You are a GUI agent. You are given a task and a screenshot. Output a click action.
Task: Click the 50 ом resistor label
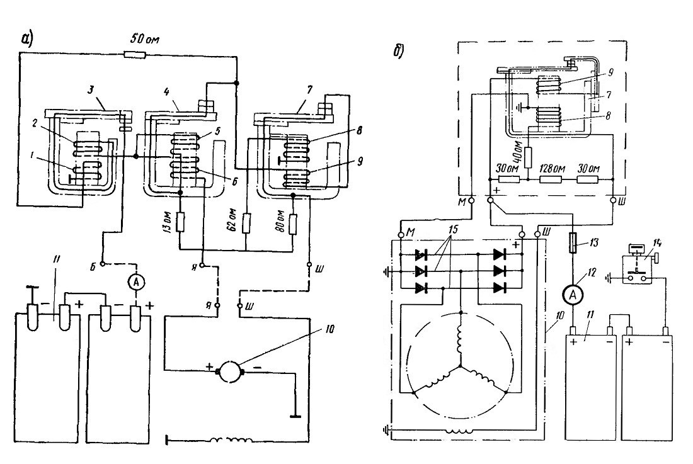144,39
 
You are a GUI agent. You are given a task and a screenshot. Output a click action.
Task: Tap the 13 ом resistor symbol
180,222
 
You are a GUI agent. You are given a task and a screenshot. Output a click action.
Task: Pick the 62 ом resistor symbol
246,223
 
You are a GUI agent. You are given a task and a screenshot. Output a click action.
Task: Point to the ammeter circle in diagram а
136,281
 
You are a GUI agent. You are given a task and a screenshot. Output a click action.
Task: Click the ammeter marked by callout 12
573,295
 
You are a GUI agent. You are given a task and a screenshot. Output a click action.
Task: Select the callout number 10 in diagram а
329,329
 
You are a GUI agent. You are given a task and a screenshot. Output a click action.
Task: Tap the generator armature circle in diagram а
230,371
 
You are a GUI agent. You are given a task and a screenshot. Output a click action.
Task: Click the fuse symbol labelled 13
573,243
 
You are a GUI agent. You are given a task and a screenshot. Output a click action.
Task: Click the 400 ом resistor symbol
528,158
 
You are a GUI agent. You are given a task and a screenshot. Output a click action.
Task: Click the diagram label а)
27,39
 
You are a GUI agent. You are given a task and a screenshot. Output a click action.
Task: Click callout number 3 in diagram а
90,90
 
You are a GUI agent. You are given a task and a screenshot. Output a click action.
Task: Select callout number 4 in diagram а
166,91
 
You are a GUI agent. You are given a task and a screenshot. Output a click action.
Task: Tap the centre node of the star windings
461,366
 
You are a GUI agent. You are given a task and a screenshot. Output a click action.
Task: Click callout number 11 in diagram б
590,314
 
